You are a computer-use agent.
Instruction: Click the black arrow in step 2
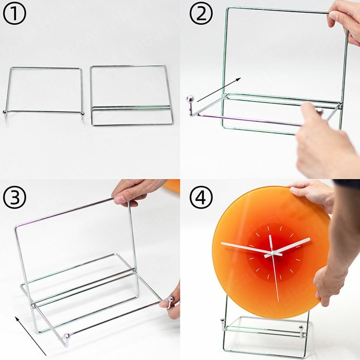pyautogui.click(x=219, y=90)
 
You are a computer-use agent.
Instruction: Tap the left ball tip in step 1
pyautogui.click(x=5, y=112)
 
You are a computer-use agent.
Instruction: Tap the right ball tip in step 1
pyautogui.click(x=82, y=114)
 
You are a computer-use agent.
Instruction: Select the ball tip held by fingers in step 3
pyautogui.click(x=171, y=299)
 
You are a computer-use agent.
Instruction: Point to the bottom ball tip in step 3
pyautogui.click(x=67, y=336)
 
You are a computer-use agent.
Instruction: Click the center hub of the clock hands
pyautogui.click(x=272, y=253)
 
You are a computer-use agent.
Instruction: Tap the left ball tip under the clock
pyautogui.click(x=223, y=321)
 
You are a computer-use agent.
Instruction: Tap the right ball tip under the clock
pyautogui.click(x=301, y=327)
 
